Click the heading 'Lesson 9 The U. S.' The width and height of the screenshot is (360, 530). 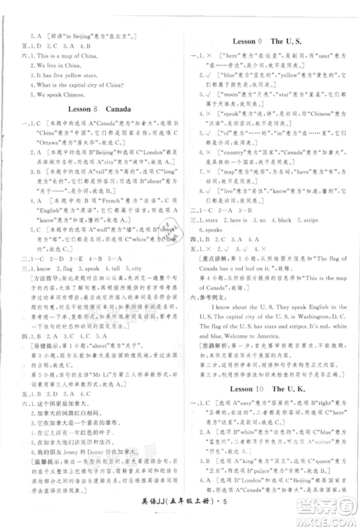coord(270,42)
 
